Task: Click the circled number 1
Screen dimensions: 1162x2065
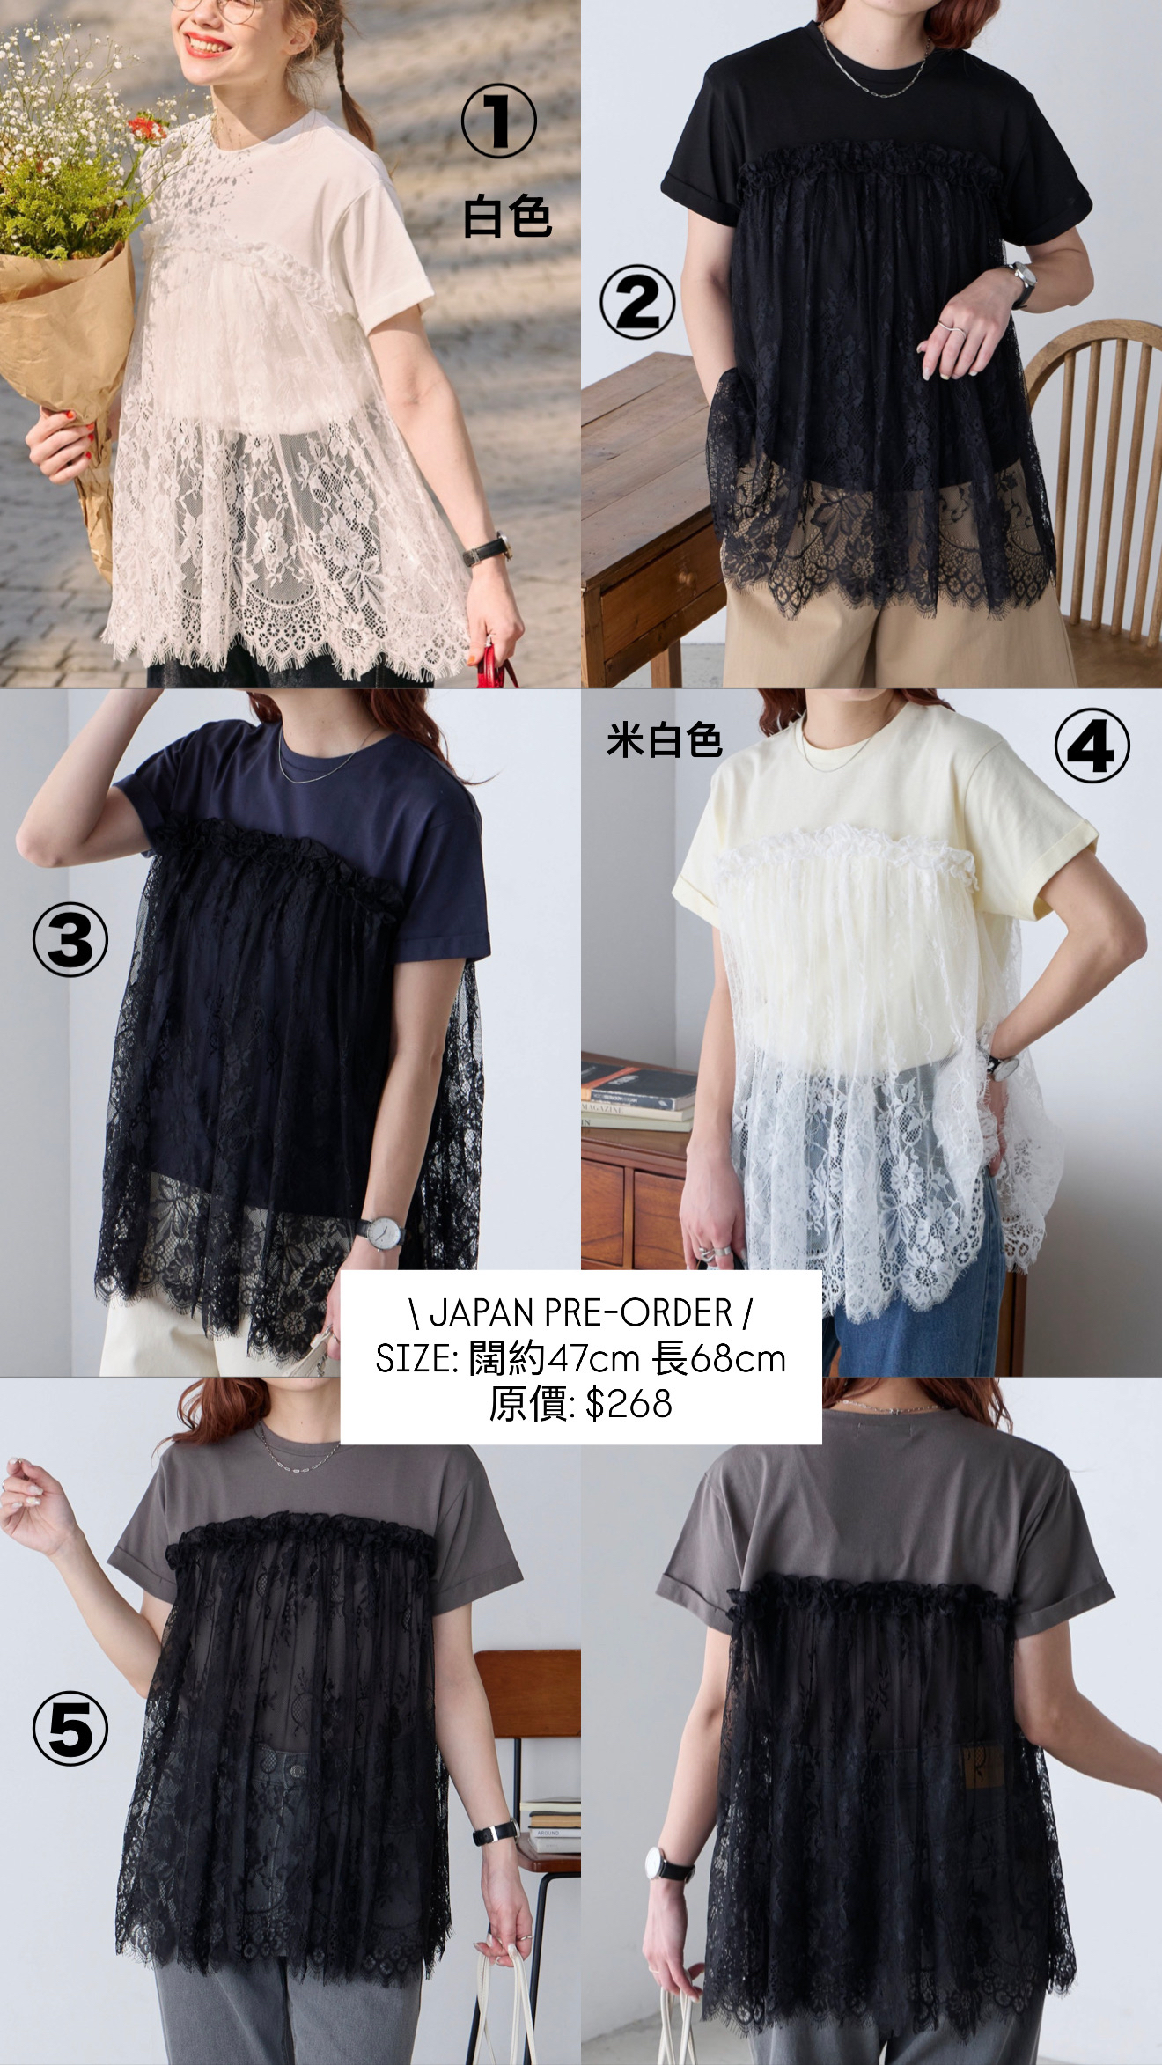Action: (499, 122)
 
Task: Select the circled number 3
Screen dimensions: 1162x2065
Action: (70, 941)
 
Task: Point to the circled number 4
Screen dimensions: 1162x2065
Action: (1092, 745)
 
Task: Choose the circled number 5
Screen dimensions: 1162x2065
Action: (70, 1728)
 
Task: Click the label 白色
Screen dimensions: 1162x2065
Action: (507, 217)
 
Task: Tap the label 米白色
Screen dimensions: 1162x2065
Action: (664, 741)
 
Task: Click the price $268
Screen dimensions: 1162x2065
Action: (629, 1403)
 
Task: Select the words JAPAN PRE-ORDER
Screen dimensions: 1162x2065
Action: (581, 1312)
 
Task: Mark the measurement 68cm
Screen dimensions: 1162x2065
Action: (738, 1359)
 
